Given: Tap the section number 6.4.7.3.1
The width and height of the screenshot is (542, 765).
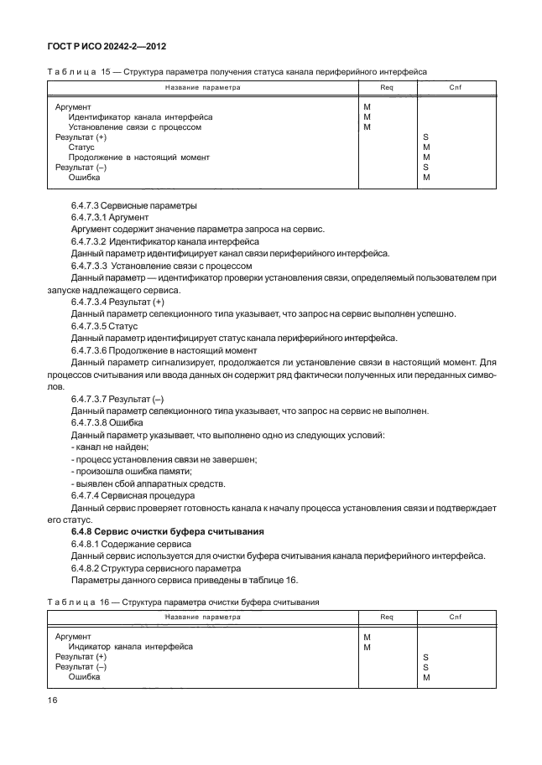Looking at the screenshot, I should [x=90, y=216].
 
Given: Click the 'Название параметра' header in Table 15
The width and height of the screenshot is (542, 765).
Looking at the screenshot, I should [x=202, y=86].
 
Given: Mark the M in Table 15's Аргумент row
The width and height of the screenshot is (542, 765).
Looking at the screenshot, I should [x=367, y=107].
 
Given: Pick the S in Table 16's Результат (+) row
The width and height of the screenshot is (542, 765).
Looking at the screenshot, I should [x=426, y=657].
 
